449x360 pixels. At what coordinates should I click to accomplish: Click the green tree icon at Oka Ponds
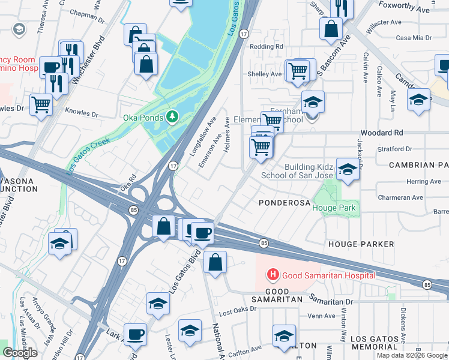pos(173,116)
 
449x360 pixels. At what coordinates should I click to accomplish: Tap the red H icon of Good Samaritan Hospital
pos(273,275)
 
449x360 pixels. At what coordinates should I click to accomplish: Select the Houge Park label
pos(335,208)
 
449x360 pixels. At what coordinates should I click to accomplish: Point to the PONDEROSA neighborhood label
pos(284,203)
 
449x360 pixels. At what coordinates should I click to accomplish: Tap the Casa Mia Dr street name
pos(414,38)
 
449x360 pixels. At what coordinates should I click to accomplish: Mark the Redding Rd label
pos(266,46)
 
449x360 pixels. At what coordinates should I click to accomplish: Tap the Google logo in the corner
pos(20,353)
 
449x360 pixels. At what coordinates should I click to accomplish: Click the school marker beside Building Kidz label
pos(347,170)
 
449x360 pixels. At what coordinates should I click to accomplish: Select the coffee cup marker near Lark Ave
pos(135,334)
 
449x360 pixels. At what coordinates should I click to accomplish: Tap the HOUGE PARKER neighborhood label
pos(361,244)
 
